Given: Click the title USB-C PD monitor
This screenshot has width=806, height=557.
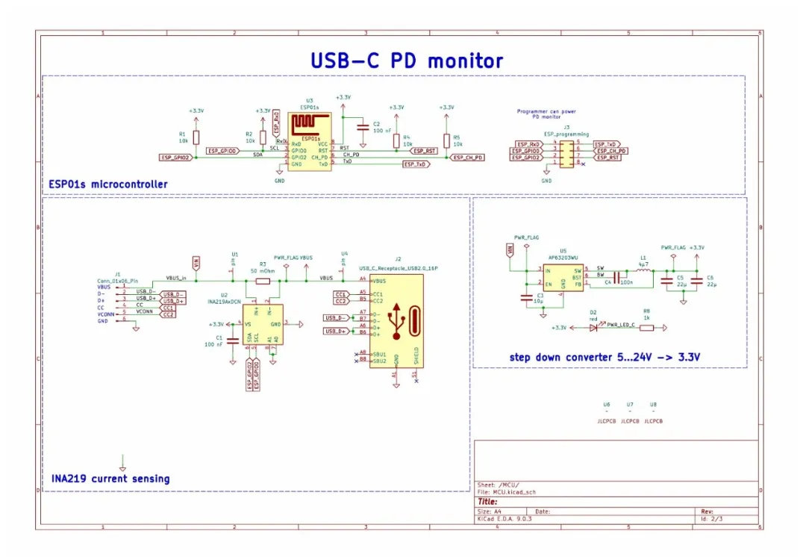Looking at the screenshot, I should (407, 60).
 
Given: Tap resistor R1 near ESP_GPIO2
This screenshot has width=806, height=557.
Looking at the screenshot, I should (196, 137).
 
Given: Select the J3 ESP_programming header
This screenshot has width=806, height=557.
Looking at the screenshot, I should (566, 153).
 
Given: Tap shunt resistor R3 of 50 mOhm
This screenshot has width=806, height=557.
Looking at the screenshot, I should (263, 281).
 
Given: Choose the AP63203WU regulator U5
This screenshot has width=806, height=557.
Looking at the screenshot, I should (563, 276).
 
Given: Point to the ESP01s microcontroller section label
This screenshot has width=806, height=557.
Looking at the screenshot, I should (108, 184).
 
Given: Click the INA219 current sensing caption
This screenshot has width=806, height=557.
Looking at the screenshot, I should (110, 479).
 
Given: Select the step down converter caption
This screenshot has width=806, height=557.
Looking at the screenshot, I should (605, 358).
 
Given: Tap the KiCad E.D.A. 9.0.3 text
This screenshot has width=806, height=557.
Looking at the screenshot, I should (504, 519).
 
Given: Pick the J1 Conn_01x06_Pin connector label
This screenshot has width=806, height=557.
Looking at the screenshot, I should (118, 279).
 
